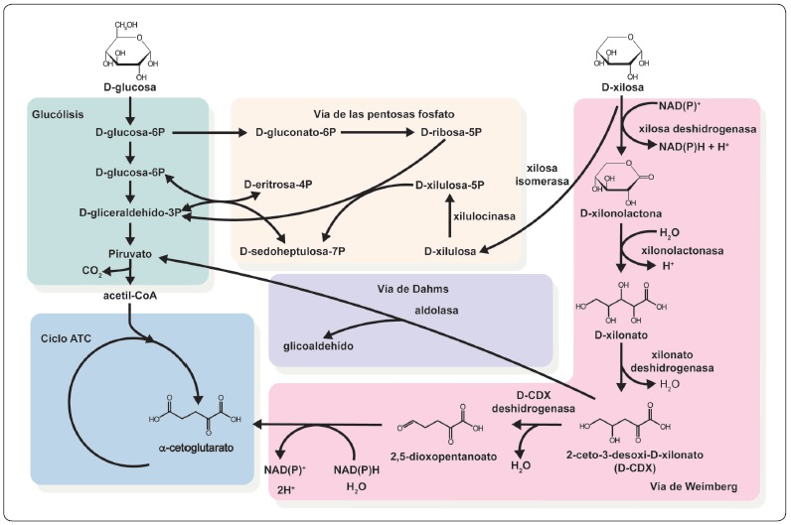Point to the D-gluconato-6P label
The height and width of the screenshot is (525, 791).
297,132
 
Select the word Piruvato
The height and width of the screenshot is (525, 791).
130,253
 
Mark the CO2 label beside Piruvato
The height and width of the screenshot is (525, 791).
91,270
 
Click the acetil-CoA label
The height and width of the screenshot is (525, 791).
130,294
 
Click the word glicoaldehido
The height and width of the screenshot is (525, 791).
317,345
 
